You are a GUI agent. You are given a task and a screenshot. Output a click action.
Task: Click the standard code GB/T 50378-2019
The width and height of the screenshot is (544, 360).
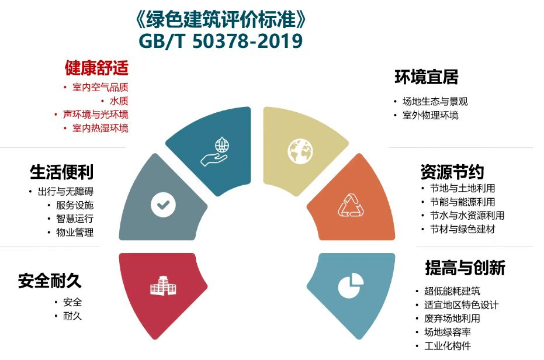(x=221, y=41)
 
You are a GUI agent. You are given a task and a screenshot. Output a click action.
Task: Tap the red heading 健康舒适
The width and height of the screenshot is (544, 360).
(x=96, y=67)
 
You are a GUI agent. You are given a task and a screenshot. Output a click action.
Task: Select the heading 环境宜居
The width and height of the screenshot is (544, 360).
(x=427, y=77)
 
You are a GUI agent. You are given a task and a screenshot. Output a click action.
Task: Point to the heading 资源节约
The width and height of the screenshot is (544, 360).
(x=452, y=171)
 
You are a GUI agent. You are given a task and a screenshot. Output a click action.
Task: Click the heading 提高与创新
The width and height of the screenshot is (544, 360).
(x=465, y=267)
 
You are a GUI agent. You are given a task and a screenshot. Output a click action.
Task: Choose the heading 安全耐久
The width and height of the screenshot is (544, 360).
(x=50, y=281)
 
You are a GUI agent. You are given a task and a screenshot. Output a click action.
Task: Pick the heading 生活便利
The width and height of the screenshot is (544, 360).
(x=62, y=171)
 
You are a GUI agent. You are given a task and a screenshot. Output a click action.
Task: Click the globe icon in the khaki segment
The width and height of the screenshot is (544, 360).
(x=300, y=151)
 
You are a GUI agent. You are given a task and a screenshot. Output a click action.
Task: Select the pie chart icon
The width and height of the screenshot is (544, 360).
(x=351, y=285)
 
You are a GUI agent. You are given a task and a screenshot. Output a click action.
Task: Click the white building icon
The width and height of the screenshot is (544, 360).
(x=163, y=286)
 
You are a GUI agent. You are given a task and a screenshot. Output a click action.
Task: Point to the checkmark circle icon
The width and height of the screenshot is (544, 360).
(x=164, y=205)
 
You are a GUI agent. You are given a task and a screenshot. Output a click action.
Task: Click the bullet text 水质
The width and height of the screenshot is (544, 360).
(x=119, y=101)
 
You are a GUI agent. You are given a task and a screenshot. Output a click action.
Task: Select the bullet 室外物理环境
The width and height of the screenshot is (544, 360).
(x=430, y=115)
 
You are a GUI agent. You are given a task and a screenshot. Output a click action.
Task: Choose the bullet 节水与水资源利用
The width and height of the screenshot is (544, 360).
(x=467, y=215)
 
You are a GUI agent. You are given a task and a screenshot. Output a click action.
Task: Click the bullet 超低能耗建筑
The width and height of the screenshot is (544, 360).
(x=452, y=291)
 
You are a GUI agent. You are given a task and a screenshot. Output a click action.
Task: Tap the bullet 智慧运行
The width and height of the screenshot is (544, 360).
(x=75, y=219)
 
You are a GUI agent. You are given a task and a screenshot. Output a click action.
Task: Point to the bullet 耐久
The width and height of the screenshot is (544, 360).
(x=72, y=316)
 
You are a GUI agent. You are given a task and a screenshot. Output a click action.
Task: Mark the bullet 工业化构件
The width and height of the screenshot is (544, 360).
(x=448, y=346)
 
